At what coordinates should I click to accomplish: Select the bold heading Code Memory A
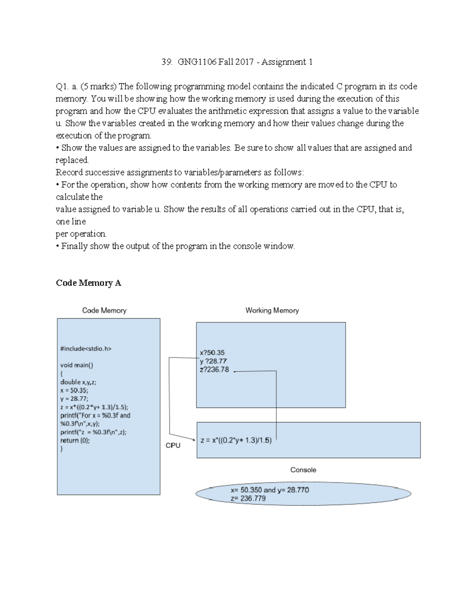88,283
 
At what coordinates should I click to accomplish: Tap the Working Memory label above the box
272,311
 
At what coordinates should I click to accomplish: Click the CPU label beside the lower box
173,446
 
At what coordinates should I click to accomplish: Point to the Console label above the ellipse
303,470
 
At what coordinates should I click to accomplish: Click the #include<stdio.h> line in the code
86,349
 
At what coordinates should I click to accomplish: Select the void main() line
77,365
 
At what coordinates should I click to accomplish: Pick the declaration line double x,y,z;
78,382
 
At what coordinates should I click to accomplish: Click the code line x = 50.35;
74,390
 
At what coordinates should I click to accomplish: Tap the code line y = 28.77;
74,399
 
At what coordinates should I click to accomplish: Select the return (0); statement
75,440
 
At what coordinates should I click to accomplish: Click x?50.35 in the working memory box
213,353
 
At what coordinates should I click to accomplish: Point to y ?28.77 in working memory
214,361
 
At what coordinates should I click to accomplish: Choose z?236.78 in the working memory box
215,370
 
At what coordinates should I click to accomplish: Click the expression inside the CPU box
236,440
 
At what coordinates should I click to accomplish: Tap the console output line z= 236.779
248,499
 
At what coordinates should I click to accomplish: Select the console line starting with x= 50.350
270,490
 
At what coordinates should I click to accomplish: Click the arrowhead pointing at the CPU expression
194,440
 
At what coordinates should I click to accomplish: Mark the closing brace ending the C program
62,449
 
